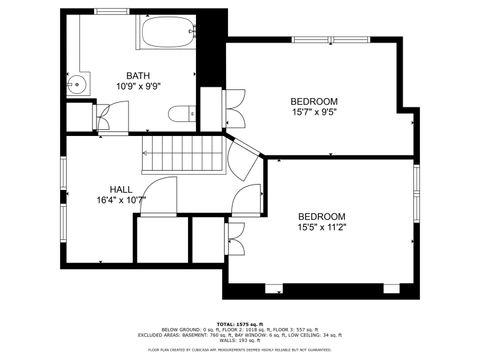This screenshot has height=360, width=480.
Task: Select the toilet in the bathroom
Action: pos(182,116)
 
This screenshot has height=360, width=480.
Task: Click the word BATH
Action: pos(139,76)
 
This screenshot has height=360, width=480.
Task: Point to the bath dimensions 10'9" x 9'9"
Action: pos(139,87)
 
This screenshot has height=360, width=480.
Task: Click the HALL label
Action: pos(121,189)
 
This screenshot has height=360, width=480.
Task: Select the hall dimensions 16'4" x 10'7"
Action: pos(121,200)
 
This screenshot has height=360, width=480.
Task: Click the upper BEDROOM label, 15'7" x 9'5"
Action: pos(314,101)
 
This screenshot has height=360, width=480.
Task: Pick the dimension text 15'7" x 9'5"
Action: pos(314,113)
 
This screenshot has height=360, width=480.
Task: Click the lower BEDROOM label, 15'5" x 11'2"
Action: pos(322,217)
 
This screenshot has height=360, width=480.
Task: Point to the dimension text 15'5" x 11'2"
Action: pos(322,228)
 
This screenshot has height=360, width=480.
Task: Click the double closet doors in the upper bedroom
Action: pos(235,102)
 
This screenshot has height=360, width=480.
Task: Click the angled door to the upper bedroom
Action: pos(243,158)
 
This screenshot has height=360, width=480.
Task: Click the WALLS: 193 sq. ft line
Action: pos(240,341)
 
